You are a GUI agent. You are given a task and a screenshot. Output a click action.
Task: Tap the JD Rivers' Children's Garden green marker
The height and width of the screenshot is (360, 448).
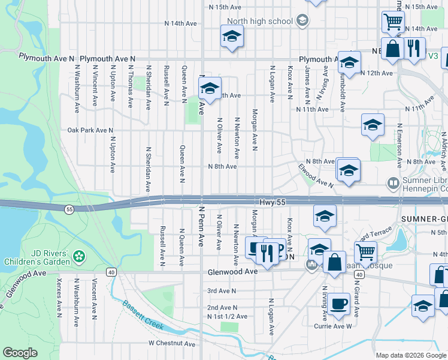(x=78, y=257)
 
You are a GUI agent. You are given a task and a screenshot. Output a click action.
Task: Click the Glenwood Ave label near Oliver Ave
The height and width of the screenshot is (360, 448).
(x=232, y=272)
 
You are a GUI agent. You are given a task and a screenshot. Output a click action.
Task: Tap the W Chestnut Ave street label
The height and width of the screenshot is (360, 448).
(x=172, y=344)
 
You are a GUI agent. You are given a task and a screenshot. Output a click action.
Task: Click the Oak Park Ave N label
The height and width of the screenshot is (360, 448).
(x=90, y=130)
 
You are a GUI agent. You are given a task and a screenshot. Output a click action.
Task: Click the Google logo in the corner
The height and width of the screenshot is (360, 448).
(x=20, y=353)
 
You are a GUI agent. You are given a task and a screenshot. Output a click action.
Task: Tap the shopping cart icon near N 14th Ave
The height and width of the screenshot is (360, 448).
(x=393, y=22)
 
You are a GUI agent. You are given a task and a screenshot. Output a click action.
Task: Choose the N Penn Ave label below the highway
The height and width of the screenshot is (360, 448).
(x=201, y=232)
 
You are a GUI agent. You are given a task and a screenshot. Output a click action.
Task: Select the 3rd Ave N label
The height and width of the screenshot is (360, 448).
(x=222, y=291)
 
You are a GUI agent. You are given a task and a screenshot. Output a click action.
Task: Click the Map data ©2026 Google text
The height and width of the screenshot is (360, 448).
(x=410, y=355)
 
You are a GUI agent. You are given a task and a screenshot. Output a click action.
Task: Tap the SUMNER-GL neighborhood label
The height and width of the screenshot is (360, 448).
(x=424, y=219)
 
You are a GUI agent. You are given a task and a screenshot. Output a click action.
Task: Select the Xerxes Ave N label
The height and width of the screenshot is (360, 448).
(x=58, y=297)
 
